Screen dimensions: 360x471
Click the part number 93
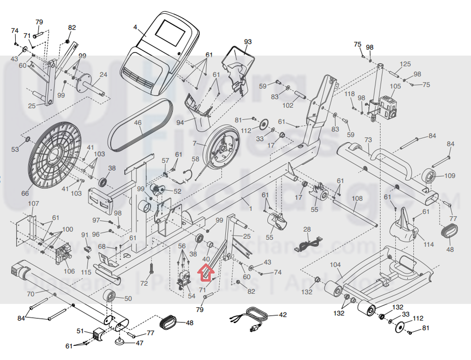(247, 42)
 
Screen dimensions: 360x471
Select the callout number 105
(395, 86)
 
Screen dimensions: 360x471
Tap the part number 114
(429, 245)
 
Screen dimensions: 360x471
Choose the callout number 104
(335, 264)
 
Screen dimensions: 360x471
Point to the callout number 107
(33, 204)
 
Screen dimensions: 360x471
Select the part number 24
(103, 75)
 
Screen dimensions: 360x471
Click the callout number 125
(405, 64)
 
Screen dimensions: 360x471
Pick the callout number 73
(368, 140)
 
